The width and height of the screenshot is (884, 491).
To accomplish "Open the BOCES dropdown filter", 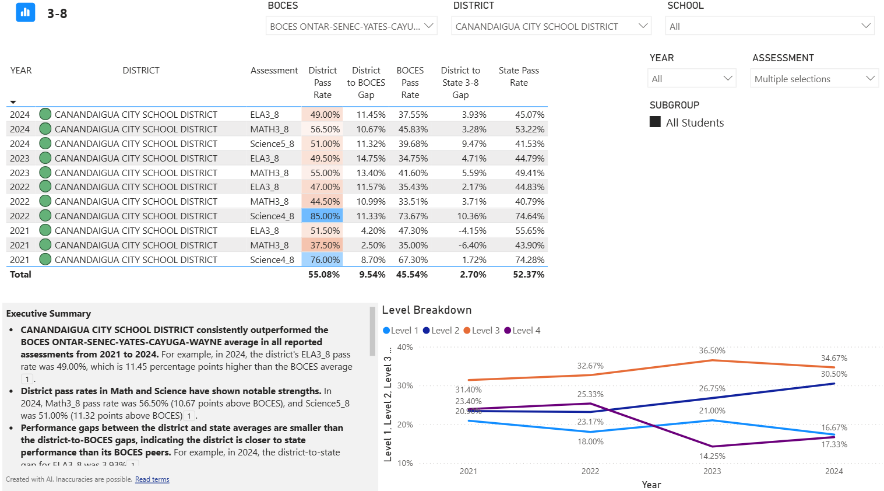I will click(x=351, y=26).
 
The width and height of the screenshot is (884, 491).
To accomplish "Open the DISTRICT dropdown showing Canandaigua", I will click(x=551, y=26).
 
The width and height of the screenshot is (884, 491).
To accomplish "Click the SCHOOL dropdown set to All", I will click(x=769, y=26).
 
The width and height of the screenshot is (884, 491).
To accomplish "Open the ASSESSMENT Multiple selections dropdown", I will click(x=814, y=79).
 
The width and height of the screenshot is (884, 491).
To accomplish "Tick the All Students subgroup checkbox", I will click(x=656, y=122).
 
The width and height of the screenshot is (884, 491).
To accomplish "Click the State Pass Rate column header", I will click(x=519, y=76).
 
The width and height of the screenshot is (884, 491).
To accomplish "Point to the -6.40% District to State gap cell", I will click(x=472, y=246).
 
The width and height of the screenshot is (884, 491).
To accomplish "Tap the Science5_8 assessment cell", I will click(x=272, y=144).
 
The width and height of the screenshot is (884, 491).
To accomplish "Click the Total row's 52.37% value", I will click(x=529, y=275).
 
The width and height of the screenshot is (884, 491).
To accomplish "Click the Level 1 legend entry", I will click(x=400, y=331).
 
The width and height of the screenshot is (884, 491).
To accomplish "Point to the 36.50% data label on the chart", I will click(x=712, y=350).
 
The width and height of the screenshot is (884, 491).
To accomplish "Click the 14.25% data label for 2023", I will click(x=712, y=456).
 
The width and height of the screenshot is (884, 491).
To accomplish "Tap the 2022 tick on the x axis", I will click(x=590, y=471).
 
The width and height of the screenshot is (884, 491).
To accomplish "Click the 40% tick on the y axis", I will click(x=405, y=347).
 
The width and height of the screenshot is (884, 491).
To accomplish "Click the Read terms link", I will click(x=152, y=479).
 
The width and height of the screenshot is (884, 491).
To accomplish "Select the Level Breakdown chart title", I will click(x=427, y=310).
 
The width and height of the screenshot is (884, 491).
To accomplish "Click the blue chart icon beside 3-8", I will click(x=26, y=12).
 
